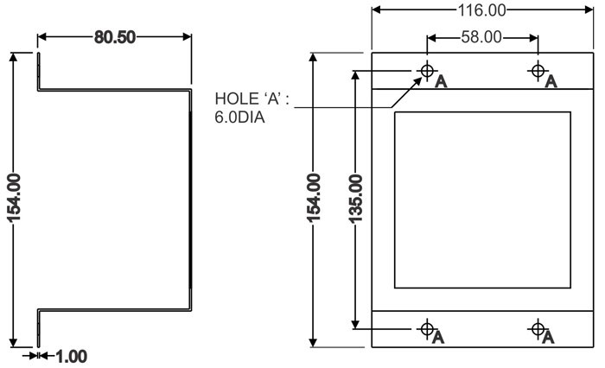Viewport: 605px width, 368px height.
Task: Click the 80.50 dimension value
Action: [114, 39]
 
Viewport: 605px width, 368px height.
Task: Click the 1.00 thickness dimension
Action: [70, 355]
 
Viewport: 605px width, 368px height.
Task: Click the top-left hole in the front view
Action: [426, 70]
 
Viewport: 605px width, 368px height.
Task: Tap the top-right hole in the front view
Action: [538, 70]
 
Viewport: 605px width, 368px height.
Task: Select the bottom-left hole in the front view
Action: [426, 327]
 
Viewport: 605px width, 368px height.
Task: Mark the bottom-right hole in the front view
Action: [538, 327]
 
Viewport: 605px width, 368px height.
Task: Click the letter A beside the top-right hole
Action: [551, 82]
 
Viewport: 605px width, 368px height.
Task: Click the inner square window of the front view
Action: [482, 200]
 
